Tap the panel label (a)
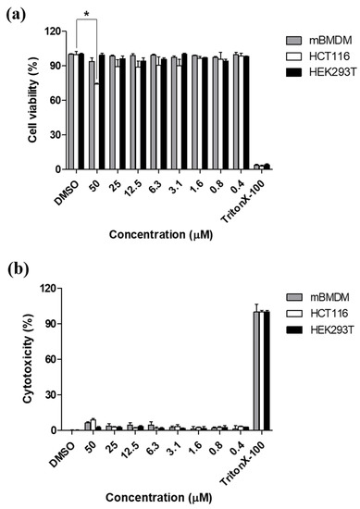18,13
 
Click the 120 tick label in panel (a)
47,31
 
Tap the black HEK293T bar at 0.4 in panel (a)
246,114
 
